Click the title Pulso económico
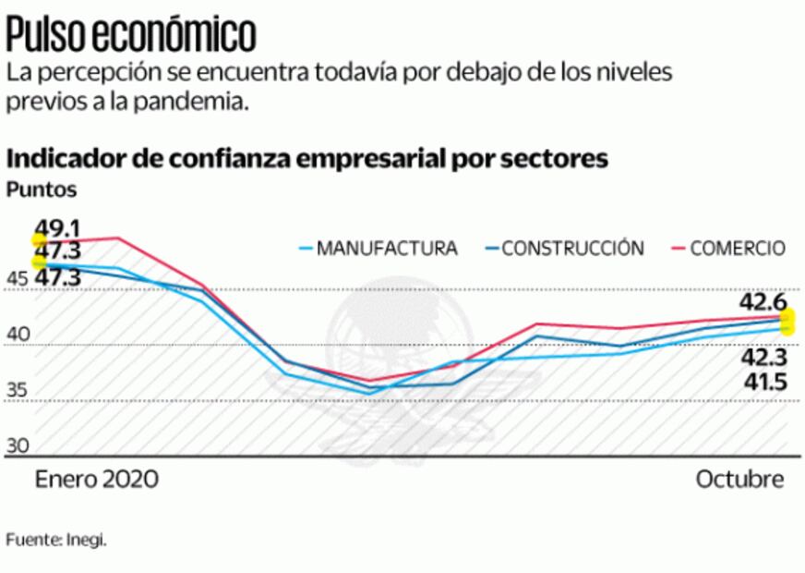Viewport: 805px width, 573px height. click(131, 34)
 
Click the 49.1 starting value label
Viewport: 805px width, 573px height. click(58, 227)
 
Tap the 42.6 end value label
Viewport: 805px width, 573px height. click(763, 302)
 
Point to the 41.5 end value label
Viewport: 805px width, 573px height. click(763, 381)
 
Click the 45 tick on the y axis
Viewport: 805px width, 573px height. click(18, 280)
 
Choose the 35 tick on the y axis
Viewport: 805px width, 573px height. click(18, 391)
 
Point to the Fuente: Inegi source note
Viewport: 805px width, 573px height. click(56, 540)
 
